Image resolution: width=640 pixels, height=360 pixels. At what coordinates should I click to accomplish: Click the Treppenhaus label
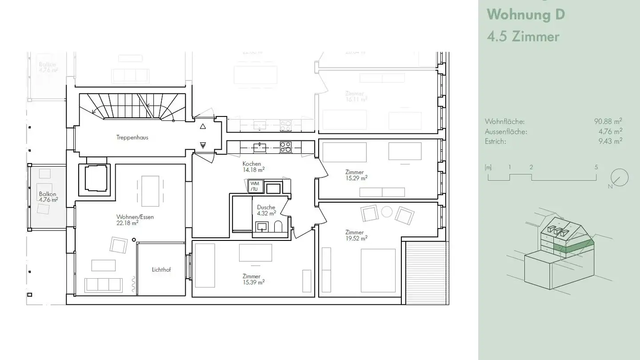pyautogui.click(x=132, y=138)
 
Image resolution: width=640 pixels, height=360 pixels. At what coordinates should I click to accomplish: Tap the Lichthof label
pyautogui.click(x=161, y=270)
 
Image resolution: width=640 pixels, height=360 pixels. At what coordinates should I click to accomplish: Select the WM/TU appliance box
pyautogui.click(x=254, y=186)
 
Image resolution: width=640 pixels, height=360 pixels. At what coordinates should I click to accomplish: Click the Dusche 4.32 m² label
pyautogui.click(x=266, y=210)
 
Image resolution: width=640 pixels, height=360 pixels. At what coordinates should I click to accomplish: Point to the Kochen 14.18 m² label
pyautogui.click(x=253, y=167)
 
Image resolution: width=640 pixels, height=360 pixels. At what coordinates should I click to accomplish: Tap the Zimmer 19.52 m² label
pyautogui.click(x=356, y=236)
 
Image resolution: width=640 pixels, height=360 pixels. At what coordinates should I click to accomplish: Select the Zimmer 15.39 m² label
pyautogui.click(x=253, y=279)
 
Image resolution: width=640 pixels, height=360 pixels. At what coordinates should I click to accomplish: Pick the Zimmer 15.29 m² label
pyautogui.click(x=356, y=175)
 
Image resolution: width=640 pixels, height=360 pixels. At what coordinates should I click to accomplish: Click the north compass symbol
pyautogui.click(x=619, y=178)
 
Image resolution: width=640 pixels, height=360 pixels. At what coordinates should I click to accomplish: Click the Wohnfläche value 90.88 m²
pyautogui.click(x=608, y=121)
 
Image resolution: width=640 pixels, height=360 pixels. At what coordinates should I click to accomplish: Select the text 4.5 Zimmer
pyautogui.click(x=523, y=36)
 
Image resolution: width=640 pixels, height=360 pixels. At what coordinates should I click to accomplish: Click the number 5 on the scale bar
pyautogui.click(x=596, y=168)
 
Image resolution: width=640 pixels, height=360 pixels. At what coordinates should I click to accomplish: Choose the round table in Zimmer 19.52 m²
pyautogui.click(x=387, y=212)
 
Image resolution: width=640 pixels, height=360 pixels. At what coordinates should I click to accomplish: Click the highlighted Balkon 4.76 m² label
pyautogui.click(x=48, y=197)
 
